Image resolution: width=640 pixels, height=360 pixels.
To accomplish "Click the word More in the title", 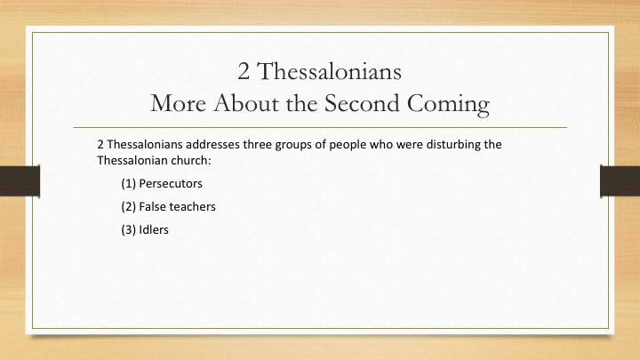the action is (x=178, y=103).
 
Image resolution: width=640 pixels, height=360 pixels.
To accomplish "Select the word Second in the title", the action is (x=362, y=103).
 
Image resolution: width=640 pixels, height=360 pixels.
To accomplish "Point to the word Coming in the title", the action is (x=448, y=105).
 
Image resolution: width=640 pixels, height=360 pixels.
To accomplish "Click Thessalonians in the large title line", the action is (x=329, y=71).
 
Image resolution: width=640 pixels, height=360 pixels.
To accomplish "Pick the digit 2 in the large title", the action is (x=244, y=72).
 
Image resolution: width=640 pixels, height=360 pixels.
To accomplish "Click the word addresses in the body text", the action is (x=212, y=145).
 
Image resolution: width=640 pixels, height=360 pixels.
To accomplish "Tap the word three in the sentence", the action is (x=257, y=145).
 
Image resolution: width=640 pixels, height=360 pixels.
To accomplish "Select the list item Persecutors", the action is (x=171, y=184).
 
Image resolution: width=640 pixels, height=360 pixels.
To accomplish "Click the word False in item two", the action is (x=149, y=207).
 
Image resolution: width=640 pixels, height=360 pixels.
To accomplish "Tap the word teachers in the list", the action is (x=189, y=207).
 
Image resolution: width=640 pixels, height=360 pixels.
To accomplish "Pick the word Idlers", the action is (x=154, y=230).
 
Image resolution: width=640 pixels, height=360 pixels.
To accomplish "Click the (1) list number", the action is (x=128, y=184).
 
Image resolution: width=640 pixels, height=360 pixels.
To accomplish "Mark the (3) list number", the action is (x=128, y=230).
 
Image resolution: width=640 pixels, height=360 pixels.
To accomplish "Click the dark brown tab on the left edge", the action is (x=20, y=181).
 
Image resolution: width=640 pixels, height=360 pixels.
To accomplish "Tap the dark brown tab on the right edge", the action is (x=620, y=181).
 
